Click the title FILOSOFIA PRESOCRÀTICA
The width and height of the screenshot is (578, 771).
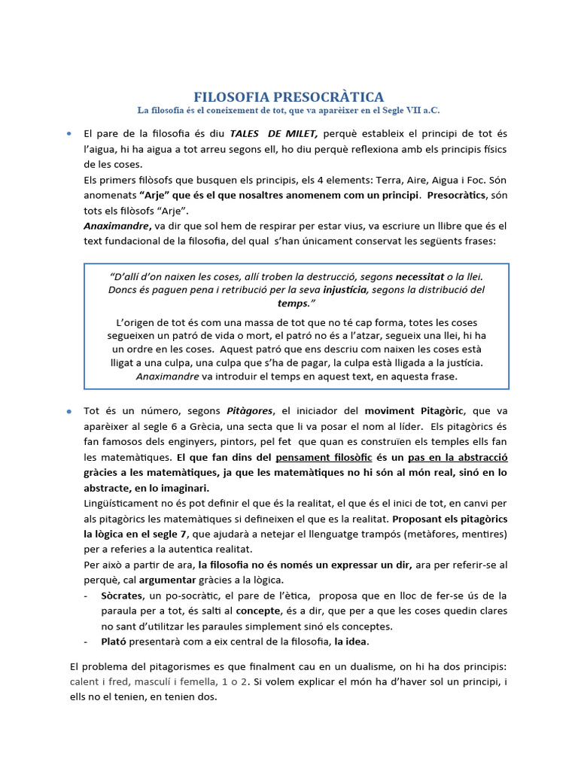click(x=289, y=97)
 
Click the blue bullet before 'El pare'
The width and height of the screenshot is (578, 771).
click(x=68, y=133)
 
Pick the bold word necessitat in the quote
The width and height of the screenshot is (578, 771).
click(x=412, y=277)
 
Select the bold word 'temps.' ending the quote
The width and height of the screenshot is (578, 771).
click(x=294, y=303)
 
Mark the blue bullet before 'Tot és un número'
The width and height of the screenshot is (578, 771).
click(x=68, y=411)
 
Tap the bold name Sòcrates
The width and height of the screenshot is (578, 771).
click(x=123, y=596)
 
